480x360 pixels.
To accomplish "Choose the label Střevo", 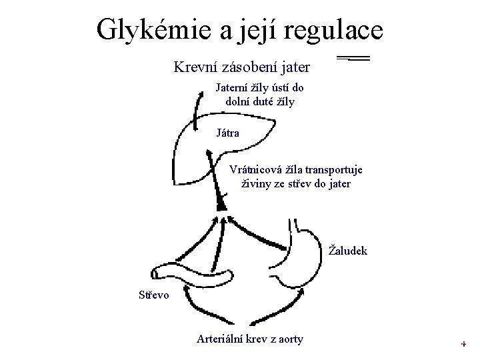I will coord(154,293).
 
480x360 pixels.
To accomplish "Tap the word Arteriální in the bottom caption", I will coord(223,339).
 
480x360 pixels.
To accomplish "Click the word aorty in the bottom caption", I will coord(288,339).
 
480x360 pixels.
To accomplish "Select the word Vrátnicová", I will coord(257,169).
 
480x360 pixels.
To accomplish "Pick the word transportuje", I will coord(337,169).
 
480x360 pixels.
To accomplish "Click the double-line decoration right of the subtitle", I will coord(353,59).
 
